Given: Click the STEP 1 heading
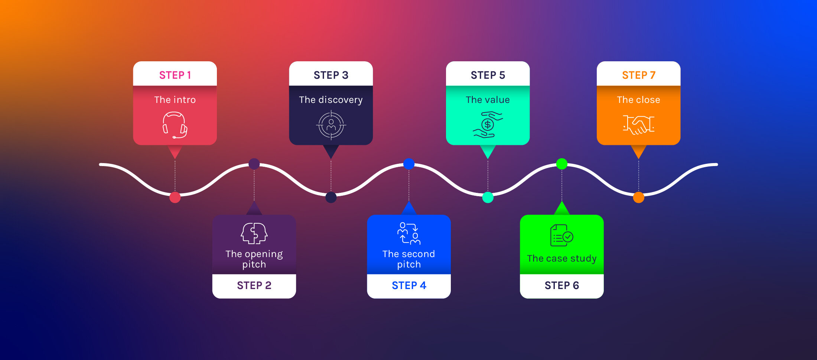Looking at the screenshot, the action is point(175,75).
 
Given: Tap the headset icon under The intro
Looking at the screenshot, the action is point(175,125).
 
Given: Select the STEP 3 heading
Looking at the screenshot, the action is point(331,75).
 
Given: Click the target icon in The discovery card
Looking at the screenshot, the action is point(331,125).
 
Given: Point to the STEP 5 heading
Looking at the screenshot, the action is point(488,75).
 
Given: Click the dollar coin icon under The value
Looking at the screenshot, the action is point(488,125).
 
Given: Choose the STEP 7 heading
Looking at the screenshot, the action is point(638,75).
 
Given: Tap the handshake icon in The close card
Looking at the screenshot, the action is point(638,124).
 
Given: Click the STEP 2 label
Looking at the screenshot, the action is point(254,285).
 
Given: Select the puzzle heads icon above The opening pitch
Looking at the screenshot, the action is point(254,233).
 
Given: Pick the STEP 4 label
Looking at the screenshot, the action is point(409,285).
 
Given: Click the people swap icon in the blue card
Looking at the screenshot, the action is point(409,233).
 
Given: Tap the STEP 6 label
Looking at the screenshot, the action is point(562,285).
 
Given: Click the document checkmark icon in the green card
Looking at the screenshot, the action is point(562,235).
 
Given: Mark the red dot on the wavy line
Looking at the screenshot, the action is point(175,197).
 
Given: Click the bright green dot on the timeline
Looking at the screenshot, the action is point(562,163).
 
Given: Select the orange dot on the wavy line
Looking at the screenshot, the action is point(638,197).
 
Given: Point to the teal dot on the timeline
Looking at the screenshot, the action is point(488,197).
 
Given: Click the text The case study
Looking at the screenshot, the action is point(562,258).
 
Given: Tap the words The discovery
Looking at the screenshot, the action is point(331,100).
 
